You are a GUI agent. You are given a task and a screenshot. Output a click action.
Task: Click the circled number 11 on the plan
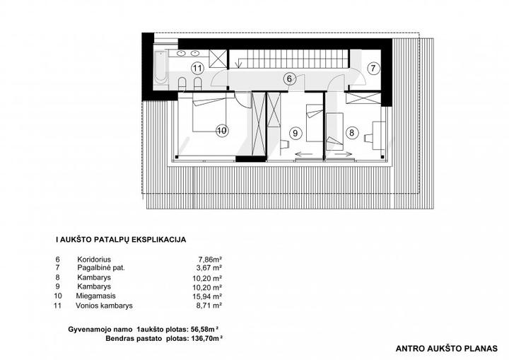click(x=197, y=69)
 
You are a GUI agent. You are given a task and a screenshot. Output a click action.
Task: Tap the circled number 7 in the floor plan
click(x=373, y=69)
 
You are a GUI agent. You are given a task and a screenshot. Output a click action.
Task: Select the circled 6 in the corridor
click(x=289, y=79)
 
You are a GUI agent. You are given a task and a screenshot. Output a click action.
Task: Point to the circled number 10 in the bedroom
click(x=222, y=131)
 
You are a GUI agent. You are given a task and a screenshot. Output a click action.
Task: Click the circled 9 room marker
click(x=295, y=133)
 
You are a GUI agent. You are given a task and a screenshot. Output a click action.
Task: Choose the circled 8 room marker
click(x=352, y=132)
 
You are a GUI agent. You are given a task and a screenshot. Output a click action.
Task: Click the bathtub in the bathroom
click(x=161, y=68)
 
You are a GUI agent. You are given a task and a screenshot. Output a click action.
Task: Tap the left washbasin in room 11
click(x=181, y=54)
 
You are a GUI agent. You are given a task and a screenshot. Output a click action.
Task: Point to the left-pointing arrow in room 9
click(x=304, y=154)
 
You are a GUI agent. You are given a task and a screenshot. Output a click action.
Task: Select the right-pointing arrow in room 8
click(x=344, y=154)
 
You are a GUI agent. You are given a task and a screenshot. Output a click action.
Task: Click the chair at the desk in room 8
click(x=369, y=138)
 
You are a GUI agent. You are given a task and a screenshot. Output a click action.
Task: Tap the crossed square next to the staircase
click(x=218, y=59)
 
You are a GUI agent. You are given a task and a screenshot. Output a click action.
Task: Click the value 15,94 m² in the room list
click(x=207, y=296)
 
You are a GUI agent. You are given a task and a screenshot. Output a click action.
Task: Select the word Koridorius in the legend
click(x=94, y=260)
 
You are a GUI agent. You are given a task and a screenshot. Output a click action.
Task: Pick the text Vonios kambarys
click(x=104, y=306)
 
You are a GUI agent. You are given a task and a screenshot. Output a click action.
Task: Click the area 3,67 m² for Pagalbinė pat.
click(x=209, y=268)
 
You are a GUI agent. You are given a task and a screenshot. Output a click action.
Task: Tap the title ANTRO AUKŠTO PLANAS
click(x=446, y=349)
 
